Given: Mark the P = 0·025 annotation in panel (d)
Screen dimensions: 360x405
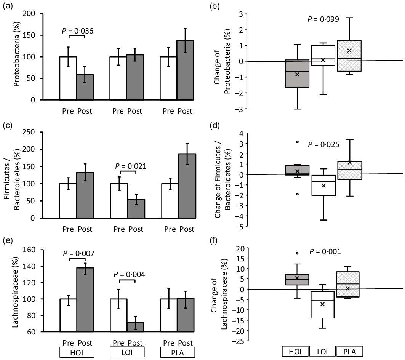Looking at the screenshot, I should pos(323,144).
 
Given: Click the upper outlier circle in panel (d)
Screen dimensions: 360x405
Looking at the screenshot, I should pos(297,142).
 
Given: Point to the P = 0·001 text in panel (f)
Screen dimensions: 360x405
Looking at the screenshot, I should pos(325,251).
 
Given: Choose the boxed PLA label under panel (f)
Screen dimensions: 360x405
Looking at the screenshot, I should pos(350,351).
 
